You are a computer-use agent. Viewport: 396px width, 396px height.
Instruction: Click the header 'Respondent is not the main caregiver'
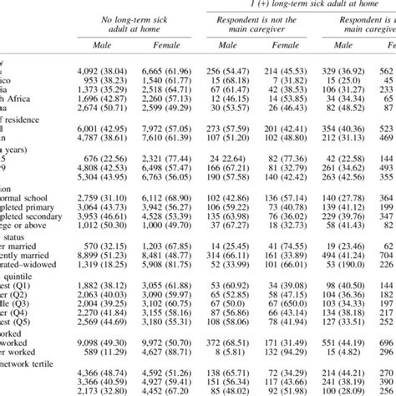(258, 26)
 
